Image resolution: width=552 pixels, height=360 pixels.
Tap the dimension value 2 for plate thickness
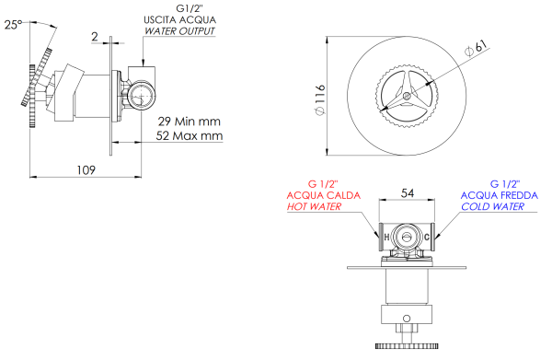[x=95, y=37]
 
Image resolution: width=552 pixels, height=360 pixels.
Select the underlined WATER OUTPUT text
[x=179, y=31]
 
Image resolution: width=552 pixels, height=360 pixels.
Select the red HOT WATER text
[x=315, y=207]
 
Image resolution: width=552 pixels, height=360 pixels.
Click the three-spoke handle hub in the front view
[x=406, y=93]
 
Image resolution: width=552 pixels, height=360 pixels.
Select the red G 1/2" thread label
[x=329, y=183]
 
